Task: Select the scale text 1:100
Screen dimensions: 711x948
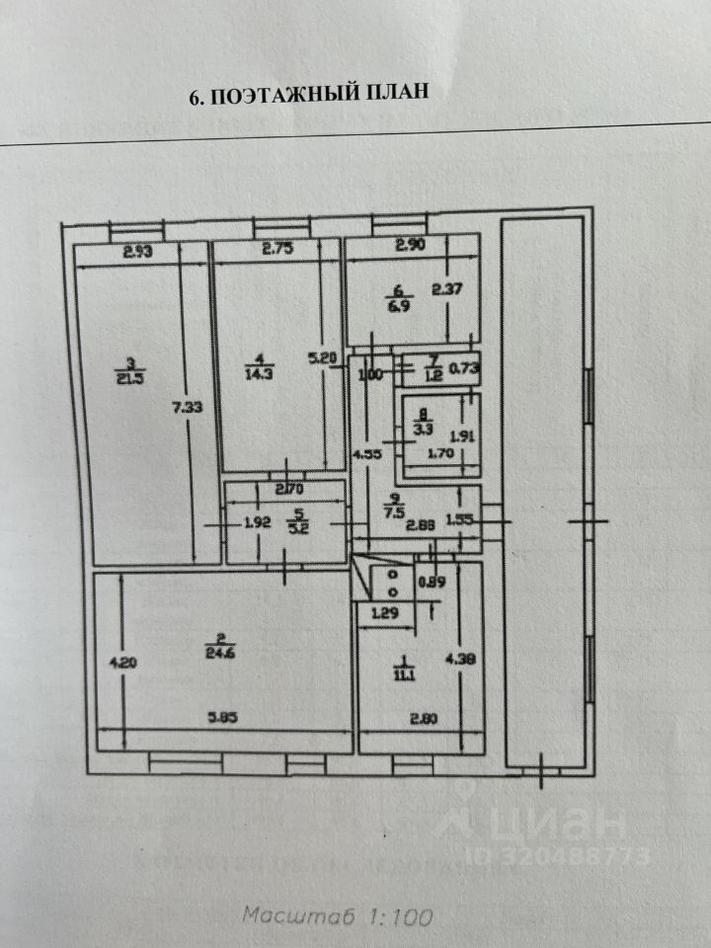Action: click(x=403, y=916)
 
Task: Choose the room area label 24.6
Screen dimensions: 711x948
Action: click(x=224, y=650)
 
